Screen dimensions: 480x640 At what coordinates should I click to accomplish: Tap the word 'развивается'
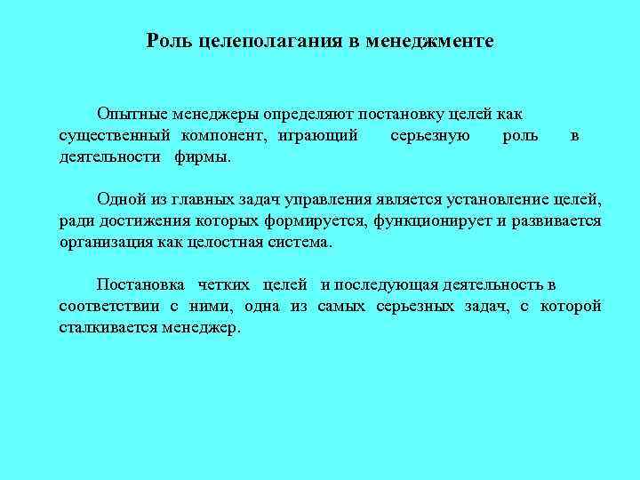click(557, 220)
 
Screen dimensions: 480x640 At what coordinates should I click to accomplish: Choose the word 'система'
click(300, 242)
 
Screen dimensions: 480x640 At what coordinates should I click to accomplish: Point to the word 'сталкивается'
click(108, 327)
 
